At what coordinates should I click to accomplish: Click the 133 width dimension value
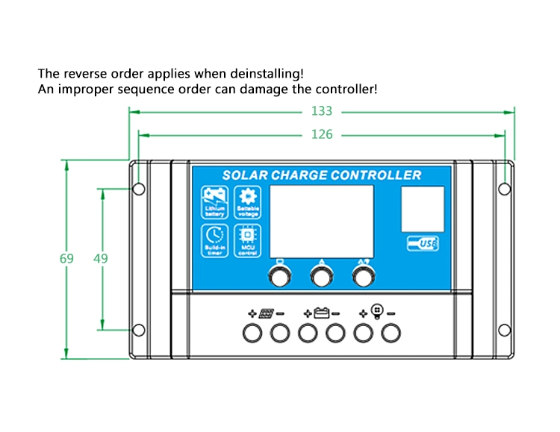(322, 111)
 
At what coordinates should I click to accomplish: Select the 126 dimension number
(322, 134)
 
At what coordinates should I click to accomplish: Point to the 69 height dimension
(67, 259)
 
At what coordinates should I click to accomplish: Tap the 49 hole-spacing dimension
(101, 259)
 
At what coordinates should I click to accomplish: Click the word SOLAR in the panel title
(244, 175)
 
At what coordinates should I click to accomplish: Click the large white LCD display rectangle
(321, 221)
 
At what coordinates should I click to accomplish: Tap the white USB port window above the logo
(423, 209)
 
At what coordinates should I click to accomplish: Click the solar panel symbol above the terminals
(265, 313)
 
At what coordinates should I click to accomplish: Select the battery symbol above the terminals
(321, 313)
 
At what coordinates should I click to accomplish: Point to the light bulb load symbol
(376, 313)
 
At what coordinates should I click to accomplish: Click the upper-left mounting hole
(139, 189)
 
